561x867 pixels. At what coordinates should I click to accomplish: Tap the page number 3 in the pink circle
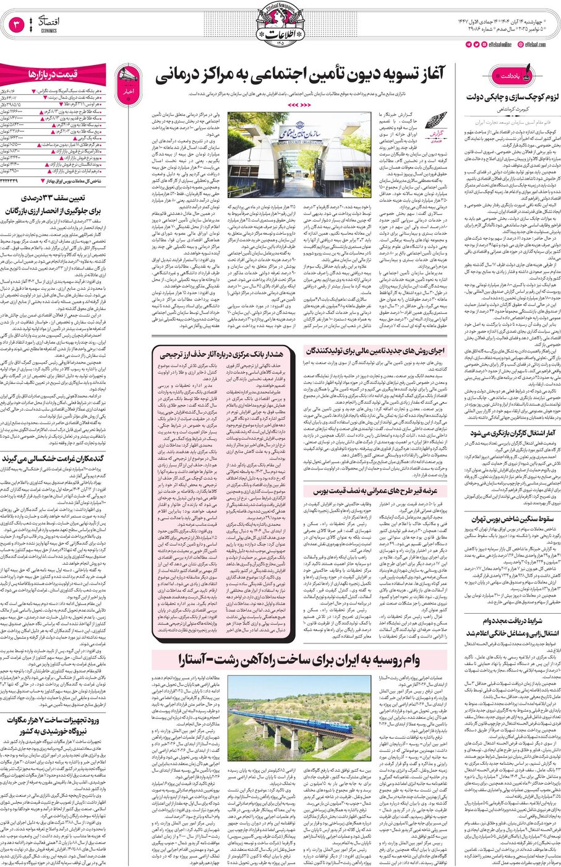tap(16, 25)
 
